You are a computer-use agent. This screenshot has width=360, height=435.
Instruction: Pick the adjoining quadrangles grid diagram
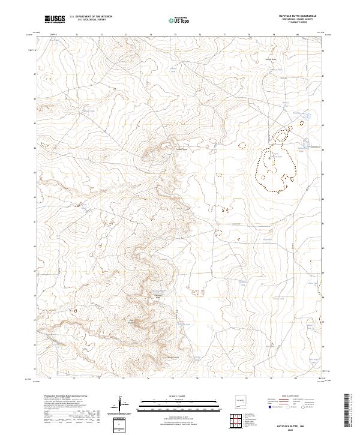pyautogui.click(x=240, y=420)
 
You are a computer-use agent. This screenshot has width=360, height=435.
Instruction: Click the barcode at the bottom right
pyautogui.click(x=347, y=410)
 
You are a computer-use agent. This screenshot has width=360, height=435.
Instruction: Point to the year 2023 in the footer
pyautogui.click(x=239, y=430)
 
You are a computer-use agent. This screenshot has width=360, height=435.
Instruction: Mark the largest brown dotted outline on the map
pyautogui.click(x=275, y=162)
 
